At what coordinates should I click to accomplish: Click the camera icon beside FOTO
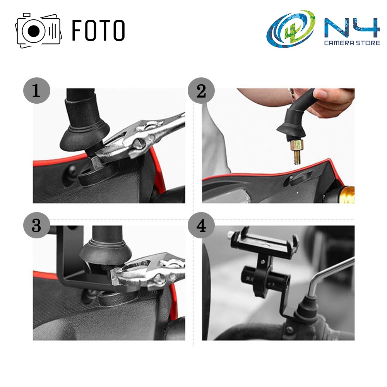pyautogui.click(x=38, y=30)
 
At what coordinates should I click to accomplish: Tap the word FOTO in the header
pyautogui.click(x=98, y=30)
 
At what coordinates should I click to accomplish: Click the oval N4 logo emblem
pyautogui.click(x=291, y=29)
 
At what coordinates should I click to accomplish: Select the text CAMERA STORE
pyautogui.click(x=352, y=43)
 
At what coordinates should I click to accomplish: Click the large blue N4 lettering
pyautogui.click(x=352, y=27)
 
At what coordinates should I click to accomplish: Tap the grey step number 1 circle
pyautogui.click(x=36, y=91)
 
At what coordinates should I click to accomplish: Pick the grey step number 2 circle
pyautogui.click(x=201, y=91)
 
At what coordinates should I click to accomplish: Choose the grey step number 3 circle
pyautogui.click(x=36, y=225)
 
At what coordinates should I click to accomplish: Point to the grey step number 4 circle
pyautogui.click(x=201, y=225)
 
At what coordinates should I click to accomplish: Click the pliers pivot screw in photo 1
pyautogui.click(x=138, y=143)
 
